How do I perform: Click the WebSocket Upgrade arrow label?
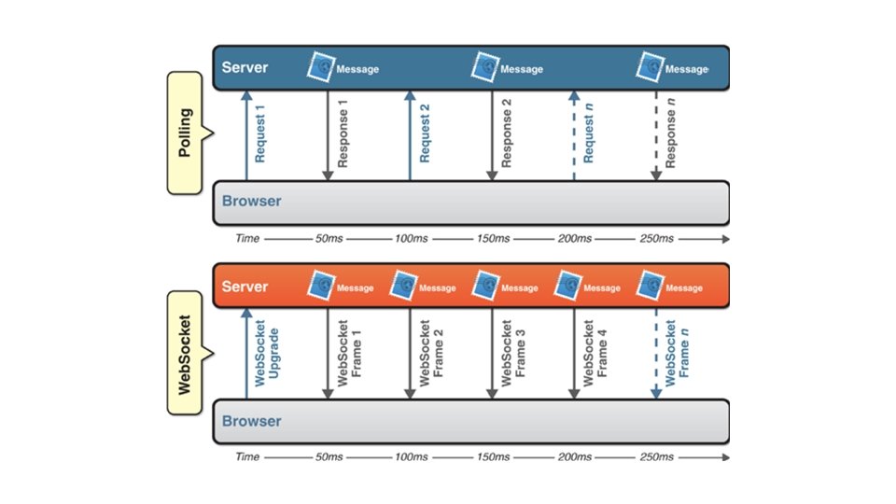[x=266, y=355]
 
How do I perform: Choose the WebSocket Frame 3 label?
[x=513, y=355]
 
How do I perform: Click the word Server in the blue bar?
[x=245, y=68]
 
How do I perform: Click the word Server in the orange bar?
[x=245, y=287]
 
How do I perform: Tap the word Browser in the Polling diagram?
[x=251, y=202]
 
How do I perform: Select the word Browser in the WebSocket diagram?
[x=251, y=421]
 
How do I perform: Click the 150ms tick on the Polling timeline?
[x=494, y=239]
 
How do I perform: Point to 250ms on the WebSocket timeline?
[x=657, y=457]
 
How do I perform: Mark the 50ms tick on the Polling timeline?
[x=329, y=239]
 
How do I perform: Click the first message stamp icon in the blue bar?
[x=323, y=66]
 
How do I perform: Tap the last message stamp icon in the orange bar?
[x=651, y=285]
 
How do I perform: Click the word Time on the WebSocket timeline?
[x=247, y=457]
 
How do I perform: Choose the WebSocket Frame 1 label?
[x=349, y=355]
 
